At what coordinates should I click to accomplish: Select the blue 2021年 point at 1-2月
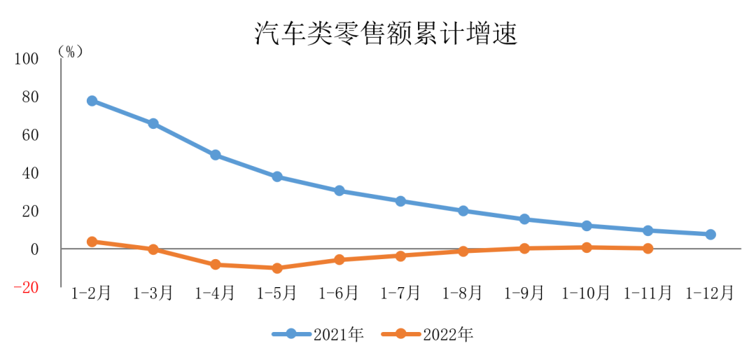pos(92,101)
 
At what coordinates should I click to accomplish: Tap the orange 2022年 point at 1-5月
pos(277,268)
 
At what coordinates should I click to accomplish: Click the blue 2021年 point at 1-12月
pos(710,235)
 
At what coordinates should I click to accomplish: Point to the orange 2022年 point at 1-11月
pos(647,248)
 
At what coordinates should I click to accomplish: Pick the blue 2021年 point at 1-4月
pos(216,155)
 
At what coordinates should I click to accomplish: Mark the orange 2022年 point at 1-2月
pos(92,242)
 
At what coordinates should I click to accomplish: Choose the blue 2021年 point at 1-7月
pos(400,201)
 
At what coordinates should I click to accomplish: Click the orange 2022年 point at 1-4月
pos(216,265)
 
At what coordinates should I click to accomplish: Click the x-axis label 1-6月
pos(339,293)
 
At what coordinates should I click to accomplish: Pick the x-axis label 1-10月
pos(586,293)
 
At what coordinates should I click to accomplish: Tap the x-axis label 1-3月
pos(153,293)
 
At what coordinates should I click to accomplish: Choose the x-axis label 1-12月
pos(710,293)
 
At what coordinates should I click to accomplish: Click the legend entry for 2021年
pos(319,335)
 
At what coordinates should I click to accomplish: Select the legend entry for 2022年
pos(428,335)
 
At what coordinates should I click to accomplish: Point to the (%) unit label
pos(70,51)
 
